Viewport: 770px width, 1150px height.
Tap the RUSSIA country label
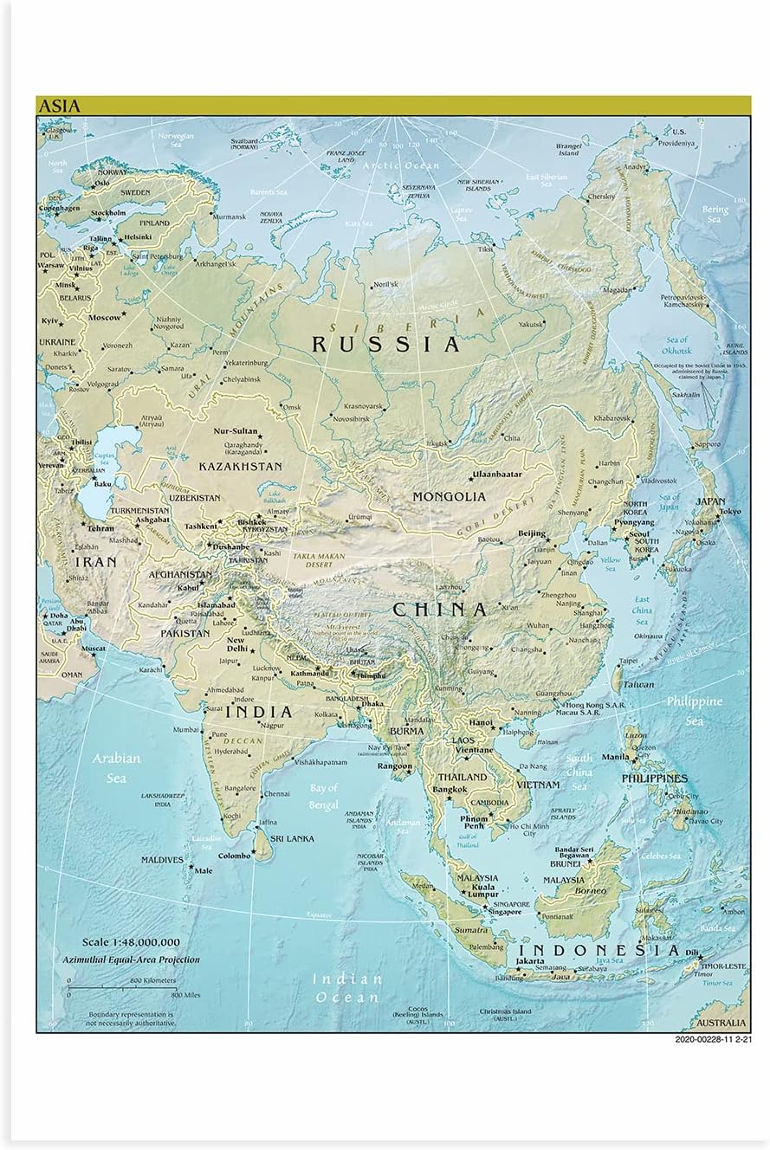(x=385, y=345)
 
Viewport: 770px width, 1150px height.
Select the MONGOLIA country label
(x=448, y=497)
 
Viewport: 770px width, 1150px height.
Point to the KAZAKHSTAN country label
(x=240, y=466)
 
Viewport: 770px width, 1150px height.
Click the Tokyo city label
(x=729, y=511)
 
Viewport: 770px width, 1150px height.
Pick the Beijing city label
(x=531, y=533)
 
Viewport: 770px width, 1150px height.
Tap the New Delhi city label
(x=237, y=645)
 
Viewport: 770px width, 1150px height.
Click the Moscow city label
(x=105, y=318)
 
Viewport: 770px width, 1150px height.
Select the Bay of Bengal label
(x=323, y=797)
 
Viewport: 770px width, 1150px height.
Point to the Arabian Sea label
(x=116, y=767)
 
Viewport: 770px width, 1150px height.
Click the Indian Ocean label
(x=347, y=987)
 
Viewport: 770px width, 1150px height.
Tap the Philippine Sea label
(x=694, y=710)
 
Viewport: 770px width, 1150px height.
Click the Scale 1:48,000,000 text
(x=131, y=942)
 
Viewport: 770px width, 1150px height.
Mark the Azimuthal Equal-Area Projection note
(x=130, y=959)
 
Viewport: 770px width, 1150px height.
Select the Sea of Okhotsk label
(x=677, y=346)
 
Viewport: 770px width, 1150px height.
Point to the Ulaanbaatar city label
(x=496, y=475)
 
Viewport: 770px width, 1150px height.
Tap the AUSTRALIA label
(x=719, y=1023)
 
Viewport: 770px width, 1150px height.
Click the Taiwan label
(x=639, y=684)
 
